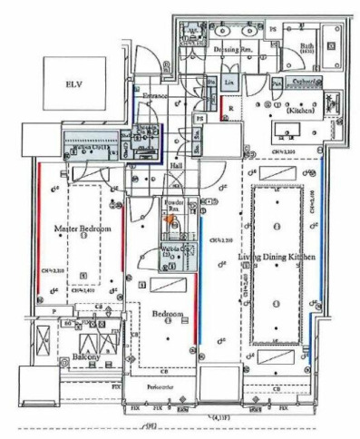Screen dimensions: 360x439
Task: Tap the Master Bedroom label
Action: (82, 229)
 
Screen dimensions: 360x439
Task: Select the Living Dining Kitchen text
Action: (277, 258)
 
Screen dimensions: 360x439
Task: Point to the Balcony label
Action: (80, 358)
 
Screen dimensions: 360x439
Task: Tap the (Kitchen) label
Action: (299, 110)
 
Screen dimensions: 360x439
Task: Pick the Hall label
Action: (178, 167)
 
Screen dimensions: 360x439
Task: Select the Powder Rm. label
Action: (174, 204)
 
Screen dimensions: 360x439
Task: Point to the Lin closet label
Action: (229, 83)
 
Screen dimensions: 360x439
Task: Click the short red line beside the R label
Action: (223, 105)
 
